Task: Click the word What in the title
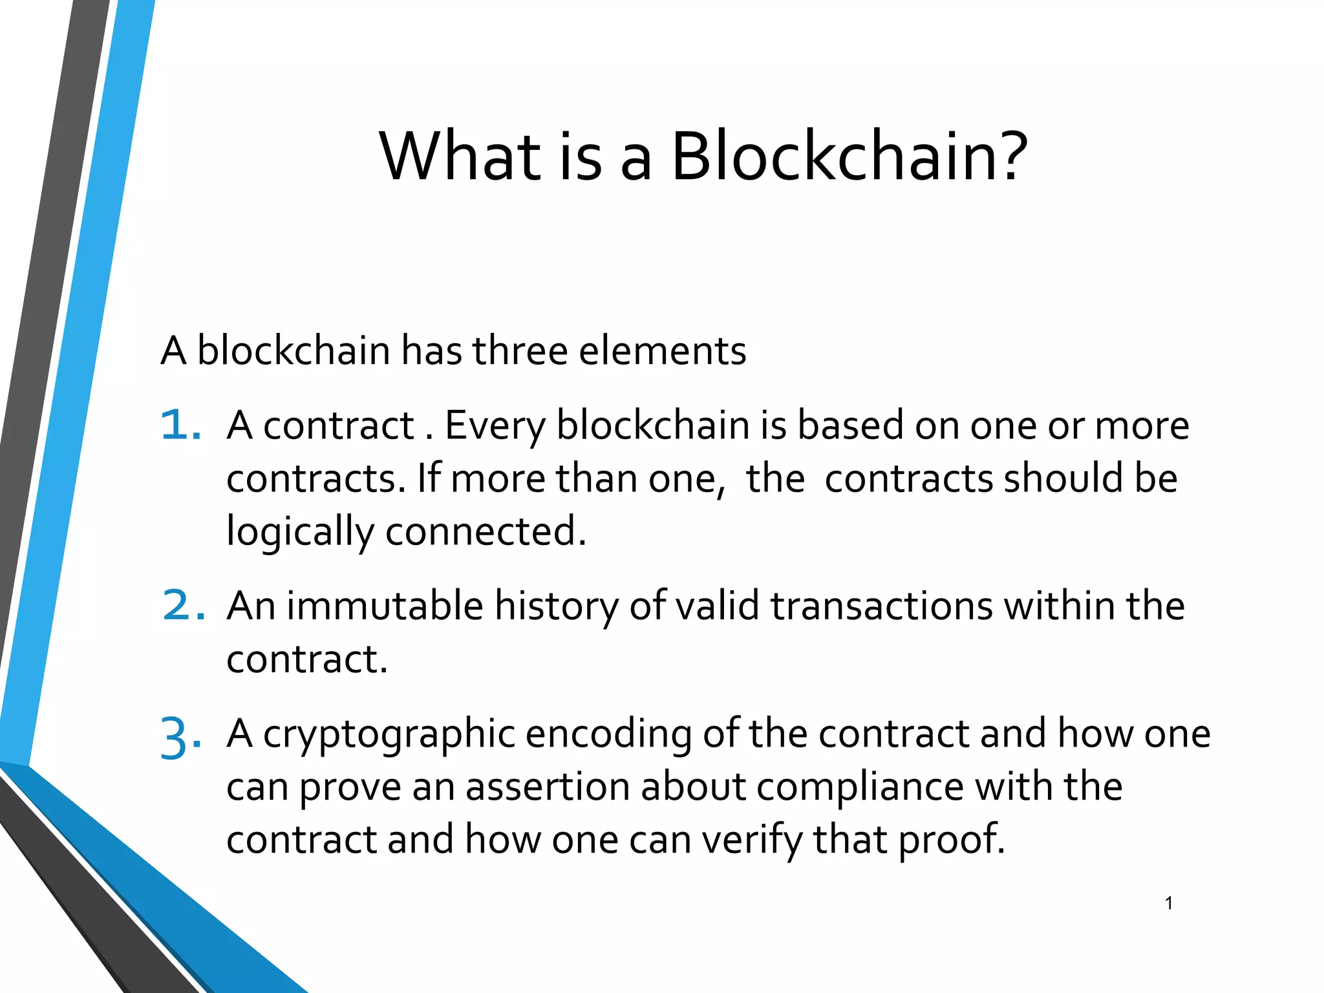coord(460,157)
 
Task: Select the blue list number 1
coord(180,426)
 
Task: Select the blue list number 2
coord(183,606)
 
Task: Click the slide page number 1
coord(1169,903)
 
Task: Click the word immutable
coord(385,607)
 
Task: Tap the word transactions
coord(881,607)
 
